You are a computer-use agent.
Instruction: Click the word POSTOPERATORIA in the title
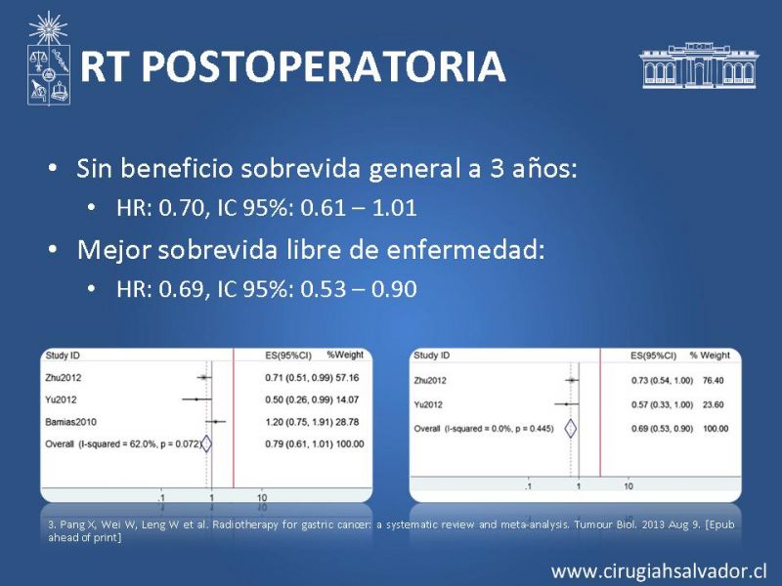(326, 66)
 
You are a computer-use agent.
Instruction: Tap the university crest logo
(48, 59)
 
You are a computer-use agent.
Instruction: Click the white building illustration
(699, 65)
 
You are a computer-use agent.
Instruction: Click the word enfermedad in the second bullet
(465, 249)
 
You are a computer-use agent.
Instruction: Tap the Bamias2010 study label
(70, 422)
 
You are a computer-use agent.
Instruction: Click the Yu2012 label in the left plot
(61, 399)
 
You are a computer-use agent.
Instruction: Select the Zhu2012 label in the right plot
(430, 381)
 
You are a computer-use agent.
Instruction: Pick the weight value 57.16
(347, 378)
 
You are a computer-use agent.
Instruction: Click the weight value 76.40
(714, 381)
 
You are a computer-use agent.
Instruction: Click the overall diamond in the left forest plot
(206, 444)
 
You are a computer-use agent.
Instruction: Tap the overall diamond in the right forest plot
(570, 429)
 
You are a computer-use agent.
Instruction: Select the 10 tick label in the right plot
(629, 486)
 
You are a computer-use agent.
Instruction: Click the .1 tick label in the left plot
(161, 498)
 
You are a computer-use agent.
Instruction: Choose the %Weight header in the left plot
(345, 355)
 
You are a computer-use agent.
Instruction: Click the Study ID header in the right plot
(431, 356)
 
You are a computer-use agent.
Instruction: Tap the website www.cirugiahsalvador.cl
(659, 571)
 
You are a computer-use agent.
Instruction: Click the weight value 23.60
(714, 404)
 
